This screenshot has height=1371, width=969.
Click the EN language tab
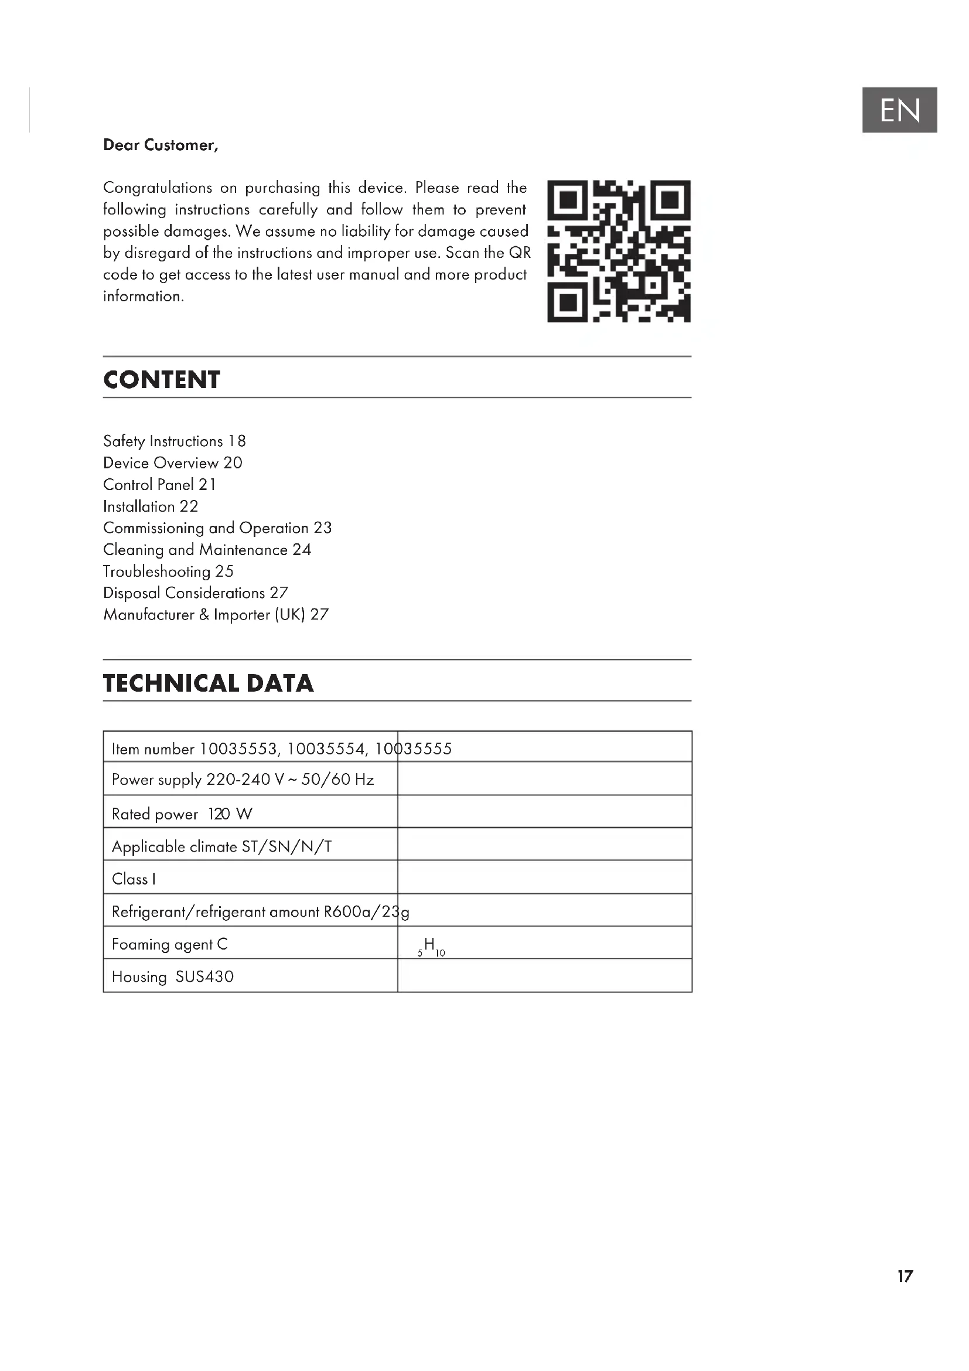pyautogui.click(x=899, y=110)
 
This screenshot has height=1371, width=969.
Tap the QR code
pyautogui.click(x=619, y=251)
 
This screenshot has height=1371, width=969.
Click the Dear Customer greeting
pyautogui.click(x=161, y=145)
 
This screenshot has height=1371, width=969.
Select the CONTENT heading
pyautogui.click(x=162, y=380)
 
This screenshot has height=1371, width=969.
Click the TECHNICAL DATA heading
pyautogui.click(x=208, y=683)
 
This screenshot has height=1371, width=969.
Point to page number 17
pyautogui.click(x=905, y=1276)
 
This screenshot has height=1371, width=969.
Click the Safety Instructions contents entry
pyautogui.click(x=174, y=441)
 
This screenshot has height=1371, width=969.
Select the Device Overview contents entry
pyautogui.click(x=172, y=463)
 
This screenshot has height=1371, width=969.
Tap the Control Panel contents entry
pyautogui.click(x=159, y=484)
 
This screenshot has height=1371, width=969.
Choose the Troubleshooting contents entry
pyautogui.click(x=168, y=571)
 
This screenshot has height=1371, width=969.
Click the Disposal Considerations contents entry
pyautogui.click(x=195, y=593)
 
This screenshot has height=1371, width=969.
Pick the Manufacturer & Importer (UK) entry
pyautogui.click(x=216, y=614)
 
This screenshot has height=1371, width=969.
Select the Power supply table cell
pyautogui.click(x=243, y=780)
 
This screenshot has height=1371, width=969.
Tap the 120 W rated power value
pyautogui.click(x=230, y=814)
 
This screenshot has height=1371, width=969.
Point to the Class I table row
pyautogui.click(x=134, y=879)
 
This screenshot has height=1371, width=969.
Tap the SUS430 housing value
pyautogui.click(x=204, y=977)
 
